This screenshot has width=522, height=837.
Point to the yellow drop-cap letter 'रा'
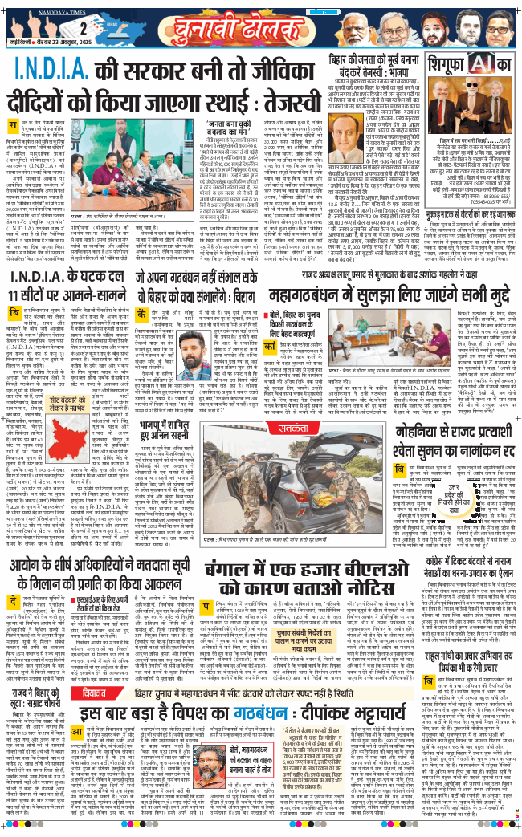tap(13, 126)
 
